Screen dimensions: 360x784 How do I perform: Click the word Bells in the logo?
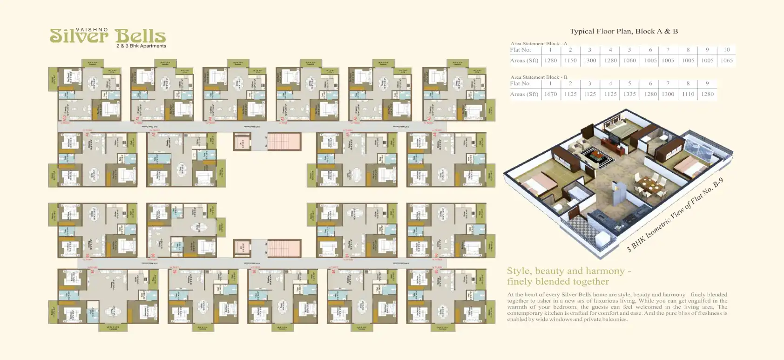[140, 36]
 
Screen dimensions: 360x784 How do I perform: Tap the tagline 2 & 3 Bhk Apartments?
[141, 46]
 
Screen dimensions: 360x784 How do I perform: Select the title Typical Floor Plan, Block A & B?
[623, 31]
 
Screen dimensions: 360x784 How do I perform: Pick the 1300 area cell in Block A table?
[589, 60]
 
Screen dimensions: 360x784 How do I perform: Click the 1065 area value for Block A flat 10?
[726, 60]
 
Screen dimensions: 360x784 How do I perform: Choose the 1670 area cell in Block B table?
[550, 94]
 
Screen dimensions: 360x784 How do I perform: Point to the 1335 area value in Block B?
[629, 94]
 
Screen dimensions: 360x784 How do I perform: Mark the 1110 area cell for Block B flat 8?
[688, 94]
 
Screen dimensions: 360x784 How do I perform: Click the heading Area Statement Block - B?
[539, 77]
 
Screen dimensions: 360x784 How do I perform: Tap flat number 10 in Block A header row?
[726, 49]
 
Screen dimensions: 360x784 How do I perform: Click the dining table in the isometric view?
[650, 185]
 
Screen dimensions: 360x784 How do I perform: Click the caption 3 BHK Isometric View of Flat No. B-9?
[675, 215]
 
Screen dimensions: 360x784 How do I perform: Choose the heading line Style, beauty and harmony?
[568, 271]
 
